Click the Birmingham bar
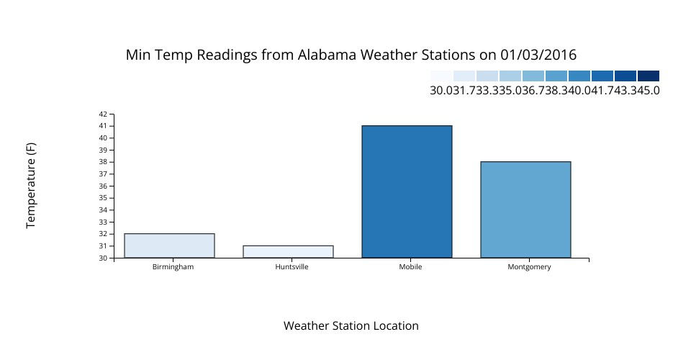pyautogui.click(x=170, y=246)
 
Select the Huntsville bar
pyautogui.click(x=288, y=251)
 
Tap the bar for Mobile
pyautogui.click(x=407, y=192)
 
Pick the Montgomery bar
pyautogui.click(x=525, y=210)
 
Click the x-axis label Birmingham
pyautogui.click(x=173, y=266)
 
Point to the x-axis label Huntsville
pyautogui.click(x=292, y=266)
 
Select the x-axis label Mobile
pyautogui.click(x=410, y=266)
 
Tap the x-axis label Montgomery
pyautogui.click(x=529, y=267)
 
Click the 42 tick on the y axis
pyautogui.click(x=103, y=114)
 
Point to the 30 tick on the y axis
pyautogui.click(x=103, y=258)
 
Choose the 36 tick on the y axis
pyautogui.click(x=103, y=186)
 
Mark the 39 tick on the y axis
pyautogui.click(x=103, y=150)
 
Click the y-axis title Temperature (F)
pyautogui.click(x=30, y=186)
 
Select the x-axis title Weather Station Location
pyautogui.click(x=351, y=325)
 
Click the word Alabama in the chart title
pyautogui.click(x=327, y=55)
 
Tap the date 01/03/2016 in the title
pyautogui.click(x=538, y=55)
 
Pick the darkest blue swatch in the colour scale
pyautogui.click(x=649, y=76)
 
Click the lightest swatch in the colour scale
pyautogui.click(x=441, y=76)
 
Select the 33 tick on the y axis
pyautogui.click(x=103, y=222)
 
